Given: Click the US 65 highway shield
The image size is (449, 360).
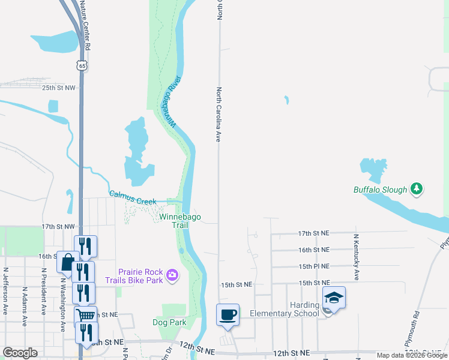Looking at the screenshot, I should (x=82, y=64).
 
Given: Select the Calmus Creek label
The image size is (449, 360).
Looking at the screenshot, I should (x=133, y=197).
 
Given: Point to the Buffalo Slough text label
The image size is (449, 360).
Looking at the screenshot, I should (x=380, y=190).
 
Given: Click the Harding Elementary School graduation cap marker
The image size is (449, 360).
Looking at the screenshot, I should (x=334, y=298).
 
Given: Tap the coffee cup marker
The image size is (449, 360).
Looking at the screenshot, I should (x=228, y=314).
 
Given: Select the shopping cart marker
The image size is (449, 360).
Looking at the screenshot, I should (x=86, y=316).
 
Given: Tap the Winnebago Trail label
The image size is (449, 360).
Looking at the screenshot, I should (x=180, y=221).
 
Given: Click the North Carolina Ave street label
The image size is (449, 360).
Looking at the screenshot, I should (x=219, y=114).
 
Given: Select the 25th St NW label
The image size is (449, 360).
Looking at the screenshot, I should (x=59, y=88).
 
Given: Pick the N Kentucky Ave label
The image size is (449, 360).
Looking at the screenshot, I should (x=356, y=257).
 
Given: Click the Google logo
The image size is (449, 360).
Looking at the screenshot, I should (x=20, y=353).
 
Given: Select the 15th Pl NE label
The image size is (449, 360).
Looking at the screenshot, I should (x=314, y=266).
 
